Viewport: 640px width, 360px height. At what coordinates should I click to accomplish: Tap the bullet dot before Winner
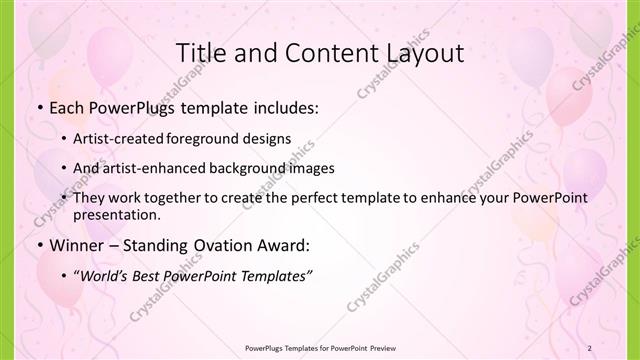click(40, 244)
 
